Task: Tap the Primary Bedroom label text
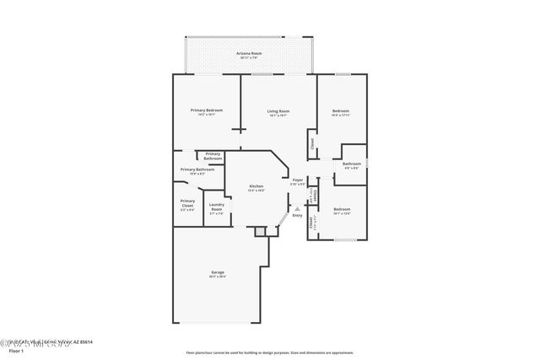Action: pyautogui.click(x=206, y=110)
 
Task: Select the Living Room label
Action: pyautogui.click(x=278, y=110)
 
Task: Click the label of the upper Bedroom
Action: pyautogui.click(x=341, y=110)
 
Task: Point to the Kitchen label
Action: pyautogui.click(x=256, y=186)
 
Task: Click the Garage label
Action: pyautogui.click(x=217, y=271)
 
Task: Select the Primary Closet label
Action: pyautogui.click(x=187, y=201)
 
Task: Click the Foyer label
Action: pyautogui.click(x=297, y=180)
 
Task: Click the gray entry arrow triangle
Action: pyautogui.click(x=297, y=208)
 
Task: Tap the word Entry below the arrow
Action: pyautogui.click(x=297, y=216)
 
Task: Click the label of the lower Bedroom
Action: pyautogui.click(x=341, y=208)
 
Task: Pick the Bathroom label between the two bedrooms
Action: pyautogui.click(x=352, y=164)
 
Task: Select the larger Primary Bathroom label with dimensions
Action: pyautogui.click(x=197, y=169)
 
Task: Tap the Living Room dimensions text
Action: pyautogui.click(x=278, y=116)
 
